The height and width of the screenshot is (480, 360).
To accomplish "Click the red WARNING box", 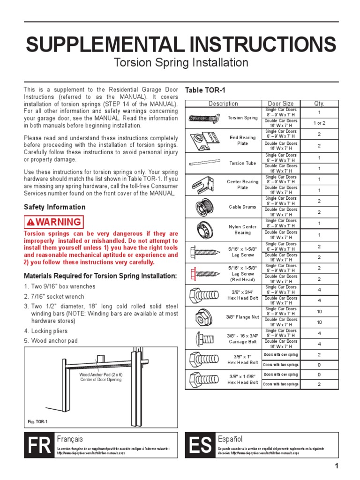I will pos(54,222).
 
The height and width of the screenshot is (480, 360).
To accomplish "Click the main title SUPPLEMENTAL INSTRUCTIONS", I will pos(180,45).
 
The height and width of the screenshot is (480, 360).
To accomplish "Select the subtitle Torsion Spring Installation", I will pos(180,63).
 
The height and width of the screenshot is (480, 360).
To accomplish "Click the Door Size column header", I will pos(281,104).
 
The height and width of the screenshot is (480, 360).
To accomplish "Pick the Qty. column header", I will pos(319,104).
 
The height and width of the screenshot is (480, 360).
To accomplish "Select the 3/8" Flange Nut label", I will pos(242,317).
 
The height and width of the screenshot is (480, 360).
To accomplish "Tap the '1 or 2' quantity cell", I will pos(319,123).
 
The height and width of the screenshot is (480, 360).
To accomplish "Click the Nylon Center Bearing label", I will pos(242,229).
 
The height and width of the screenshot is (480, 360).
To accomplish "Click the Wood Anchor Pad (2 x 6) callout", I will pos(100,377).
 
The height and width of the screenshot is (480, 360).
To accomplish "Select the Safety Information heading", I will pos(55,207).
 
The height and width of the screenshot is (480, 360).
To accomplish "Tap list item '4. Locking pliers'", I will pos(46,331).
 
